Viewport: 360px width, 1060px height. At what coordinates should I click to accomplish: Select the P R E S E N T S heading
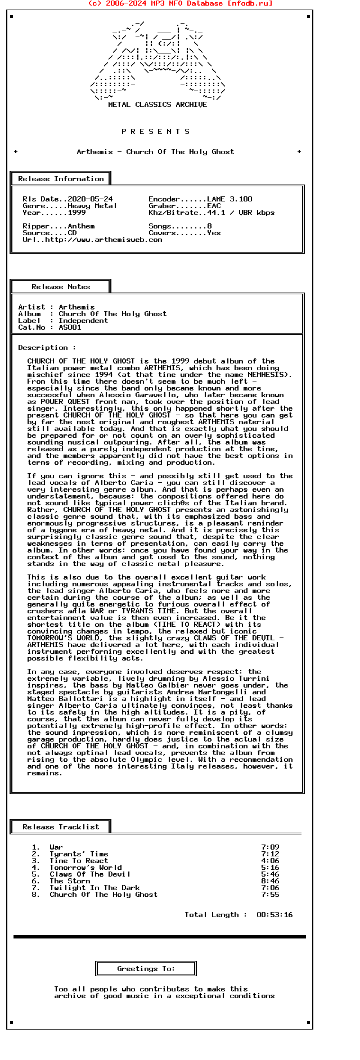pos(156,132)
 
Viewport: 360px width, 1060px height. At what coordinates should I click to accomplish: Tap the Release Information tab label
pos(61,179)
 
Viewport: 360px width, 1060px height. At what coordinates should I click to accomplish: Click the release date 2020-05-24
pos(90,199)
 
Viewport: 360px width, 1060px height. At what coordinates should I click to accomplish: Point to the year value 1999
pos(76,213)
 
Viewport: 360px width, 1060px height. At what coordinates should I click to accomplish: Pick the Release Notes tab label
pos(61,287)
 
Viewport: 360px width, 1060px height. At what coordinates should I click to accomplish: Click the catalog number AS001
pos(70,327)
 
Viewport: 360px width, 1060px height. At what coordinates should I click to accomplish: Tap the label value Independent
pos(83,321)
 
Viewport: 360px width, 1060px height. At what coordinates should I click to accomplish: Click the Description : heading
pos(47,348)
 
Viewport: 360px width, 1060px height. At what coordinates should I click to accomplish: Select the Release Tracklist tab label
pos(61,827)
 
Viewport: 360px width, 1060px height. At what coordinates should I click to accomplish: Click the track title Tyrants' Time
pos(79,854)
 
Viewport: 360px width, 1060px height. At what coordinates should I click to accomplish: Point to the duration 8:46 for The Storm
pos(270,881)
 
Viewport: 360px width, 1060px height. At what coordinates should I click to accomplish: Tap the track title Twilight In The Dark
pos(94,888)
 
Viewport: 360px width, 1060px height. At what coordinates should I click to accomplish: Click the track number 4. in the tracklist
pos(36,868)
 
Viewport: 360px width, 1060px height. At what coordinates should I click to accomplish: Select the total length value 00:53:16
pos(274,915)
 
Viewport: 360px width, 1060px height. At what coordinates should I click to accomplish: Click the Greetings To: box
pos(146,969)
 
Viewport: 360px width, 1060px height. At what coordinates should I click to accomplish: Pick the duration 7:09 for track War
pos(270,847)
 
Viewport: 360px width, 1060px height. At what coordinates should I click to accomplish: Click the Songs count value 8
pos(209,226)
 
